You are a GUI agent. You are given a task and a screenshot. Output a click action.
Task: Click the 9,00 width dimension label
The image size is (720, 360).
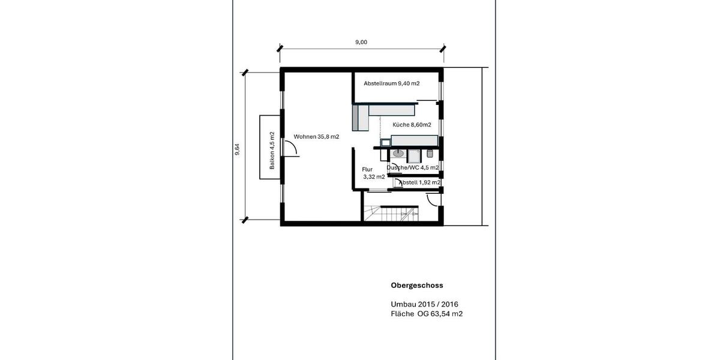point(361,42)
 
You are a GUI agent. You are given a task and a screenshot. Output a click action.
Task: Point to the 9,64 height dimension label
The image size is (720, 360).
point(237,149)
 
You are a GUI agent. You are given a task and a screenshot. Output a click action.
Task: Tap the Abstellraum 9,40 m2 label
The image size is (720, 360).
point(391,83)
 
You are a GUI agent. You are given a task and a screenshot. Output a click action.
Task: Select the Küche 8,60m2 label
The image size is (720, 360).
point(412,125)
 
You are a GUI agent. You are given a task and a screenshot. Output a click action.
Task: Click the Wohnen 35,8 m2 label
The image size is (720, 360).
point(316,137)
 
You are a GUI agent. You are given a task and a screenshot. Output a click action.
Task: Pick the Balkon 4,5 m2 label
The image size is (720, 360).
point(272,150)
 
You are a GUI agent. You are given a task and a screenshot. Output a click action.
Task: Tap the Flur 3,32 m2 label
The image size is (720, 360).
point(373,173)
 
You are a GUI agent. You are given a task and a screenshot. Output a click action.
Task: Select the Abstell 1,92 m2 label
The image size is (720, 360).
point(419,182)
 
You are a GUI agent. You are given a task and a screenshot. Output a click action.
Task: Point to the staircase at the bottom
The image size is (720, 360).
point(391,214)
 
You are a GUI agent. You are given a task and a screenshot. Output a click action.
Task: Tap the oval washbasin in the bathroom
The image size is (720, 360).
point(397,154)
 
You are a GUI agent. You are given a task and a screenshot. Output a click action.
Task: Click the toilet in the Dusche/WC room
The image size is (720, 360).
point(430,154)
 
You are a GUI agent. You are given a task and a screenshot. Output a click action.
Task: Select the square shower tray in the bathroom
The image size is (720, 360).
point(414,156)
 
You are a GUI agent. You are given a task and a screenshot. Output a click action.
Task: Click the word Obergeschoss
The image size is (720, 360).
point(416,286)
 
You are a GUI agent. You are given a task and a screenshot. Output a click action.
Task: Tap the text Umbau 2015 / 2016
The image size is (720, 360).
point(424,304)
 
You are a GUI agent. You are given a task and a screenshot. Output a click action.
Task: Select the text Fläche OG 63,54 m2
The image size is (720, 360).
point(427,313)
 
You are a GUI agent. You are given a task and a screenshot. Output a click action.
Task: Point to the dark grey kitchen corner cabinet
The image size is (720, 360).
point(361,118)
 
